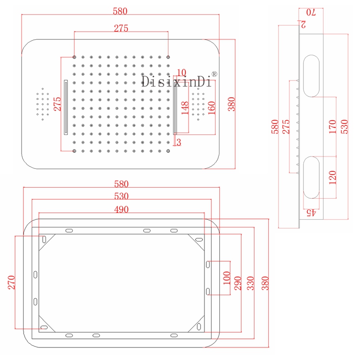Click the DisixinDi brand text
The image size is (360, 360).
coord(177,82)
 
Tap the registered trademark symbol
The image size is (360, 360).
coord(215,74)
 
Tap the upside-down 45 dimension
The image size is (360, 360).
coord(311,212)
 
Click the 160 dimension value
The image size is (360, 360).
coord(212,108)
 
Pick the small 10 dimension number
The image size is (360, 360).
coord(181,72)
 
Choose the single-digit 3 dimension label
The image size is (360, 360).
coord(179,142)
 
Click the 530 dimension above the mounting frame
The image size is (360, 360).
coord(121,196)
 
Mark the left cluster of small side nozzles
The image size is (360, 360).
coord(43,104)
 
